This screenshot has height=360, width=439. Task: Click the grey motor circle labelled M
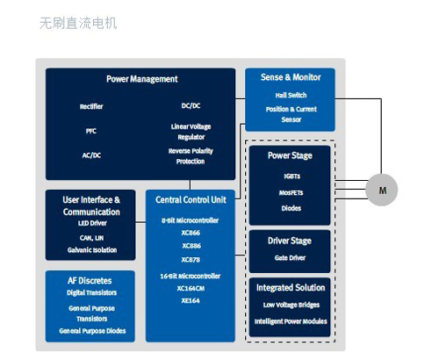point(382,190)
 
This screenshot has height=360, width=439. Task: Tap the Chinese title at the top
point(78,24)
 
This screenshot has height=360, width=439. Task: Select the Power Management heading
point(142,79)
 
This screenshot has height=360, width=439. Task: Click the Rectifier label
point(91,106)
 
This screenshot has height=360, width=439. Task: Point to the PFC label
point(91,131)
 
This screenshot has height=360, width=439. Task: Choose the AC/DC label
point(91,155)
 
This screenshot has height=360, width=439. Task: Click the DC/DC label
point(191,105)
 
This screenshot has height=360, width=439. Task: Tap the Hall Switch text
point(291,95)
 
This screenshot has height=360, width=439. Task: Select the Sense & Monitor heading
point(291,77)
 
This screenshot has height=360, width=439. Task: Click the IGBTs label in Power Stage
point(292,176)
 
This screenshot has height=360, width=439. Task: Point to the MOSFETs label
point(291,193)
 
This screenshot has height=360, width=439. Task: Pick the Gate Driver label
point(290,258)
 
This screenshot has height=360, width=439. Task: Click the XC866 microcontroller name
point(191,233)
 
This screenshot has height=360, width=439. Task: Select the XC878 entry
point(191,260)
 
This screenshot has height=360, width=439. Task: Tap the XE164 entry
point(191,300)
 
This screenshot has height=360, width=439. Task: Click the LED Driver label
point(92,223)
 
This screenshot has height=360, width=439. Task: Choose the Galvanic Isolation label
point(92,250)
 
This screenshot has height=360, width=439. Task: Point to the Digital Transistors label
point(91,292)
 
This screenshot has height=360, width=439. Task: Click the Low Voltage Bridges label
point(291,305)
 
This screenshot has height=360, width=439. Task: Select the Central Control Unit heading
point(191,200)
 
